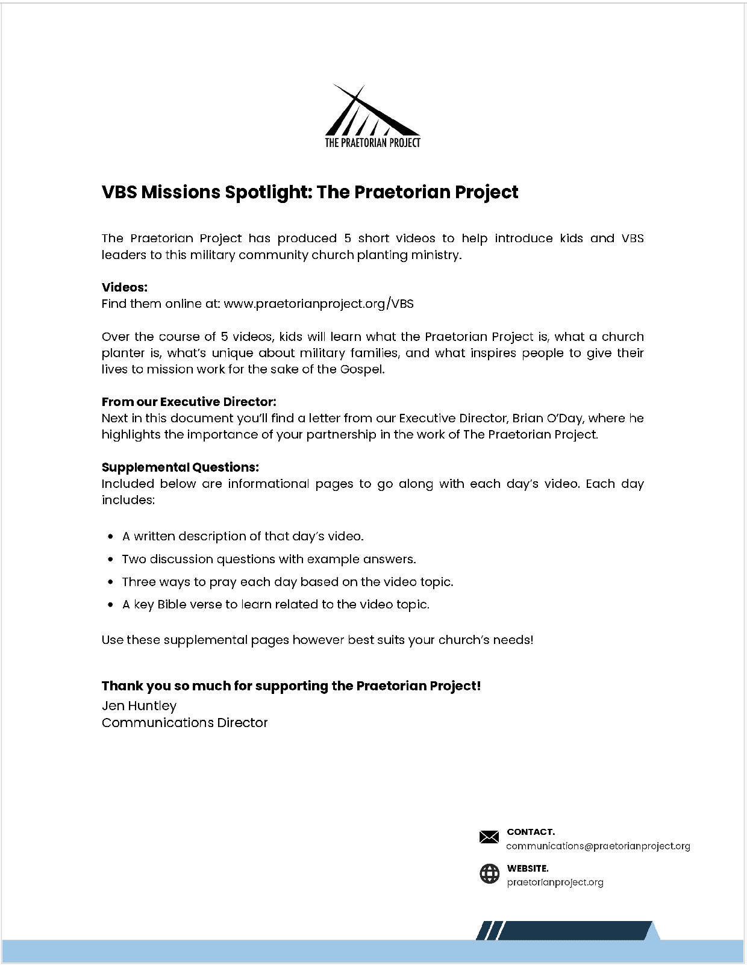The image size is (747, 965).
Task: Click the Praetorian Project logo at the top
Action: (x=372, y=116)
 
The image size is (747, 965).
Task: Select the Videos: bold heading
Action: (x=125, y=287)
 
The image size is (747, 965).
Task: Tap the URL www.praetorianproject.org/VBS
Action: (x=319, y=304)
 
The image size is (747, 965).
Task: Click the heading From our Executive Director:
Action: (x=189, y=402)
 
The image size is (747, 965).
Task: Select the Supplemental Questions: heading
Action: (x=181, y=467)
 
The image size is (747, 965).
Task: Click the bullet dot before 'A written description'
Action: (x=110, y=536)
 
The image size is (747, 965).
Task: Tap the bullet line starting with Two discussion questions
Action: (x=269, y=559)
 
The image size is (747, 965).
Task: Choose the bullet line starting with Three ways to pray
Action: (x=287, y=582)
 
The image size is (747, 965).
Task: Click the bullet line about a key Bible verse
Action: (x=276, y=604)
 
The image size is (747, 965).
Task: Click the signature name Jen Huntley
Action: (x=139, y=705)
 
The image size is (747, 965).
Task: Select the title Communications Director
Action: (x=184, y=722)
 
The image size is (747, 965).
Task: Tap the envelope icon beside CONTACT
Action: (x=489, y=837)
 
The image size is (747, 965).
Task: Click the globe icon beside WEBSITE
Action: (x=489, y=873)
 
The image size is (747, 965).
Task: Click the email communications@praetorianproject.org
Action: (x=598, y=846)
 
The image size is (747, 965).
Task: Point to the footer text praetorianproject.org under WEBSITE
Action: (x=555, y=882)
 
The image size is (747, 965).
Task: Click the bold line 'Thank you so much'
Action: (x=291, y=686)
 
